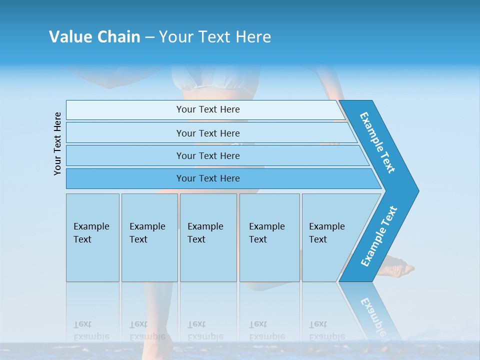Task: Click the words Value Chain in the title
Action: tap(94, 37)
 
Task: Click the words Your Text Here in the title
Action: tap(215, 37)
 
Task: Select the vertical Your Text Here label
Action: tap(58, 143)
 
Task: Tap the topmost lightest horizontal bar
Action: tap(208, 109)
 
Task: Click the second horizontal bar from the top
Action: tap(208, 133)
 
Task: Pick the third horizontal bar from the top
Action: tap(208, 155)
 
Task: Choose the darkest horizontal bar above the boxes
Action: tap(208, 178)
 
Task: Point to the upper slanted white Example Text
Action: tap(377, 142)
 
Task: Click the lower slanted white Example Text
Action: tap(378, 236)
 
